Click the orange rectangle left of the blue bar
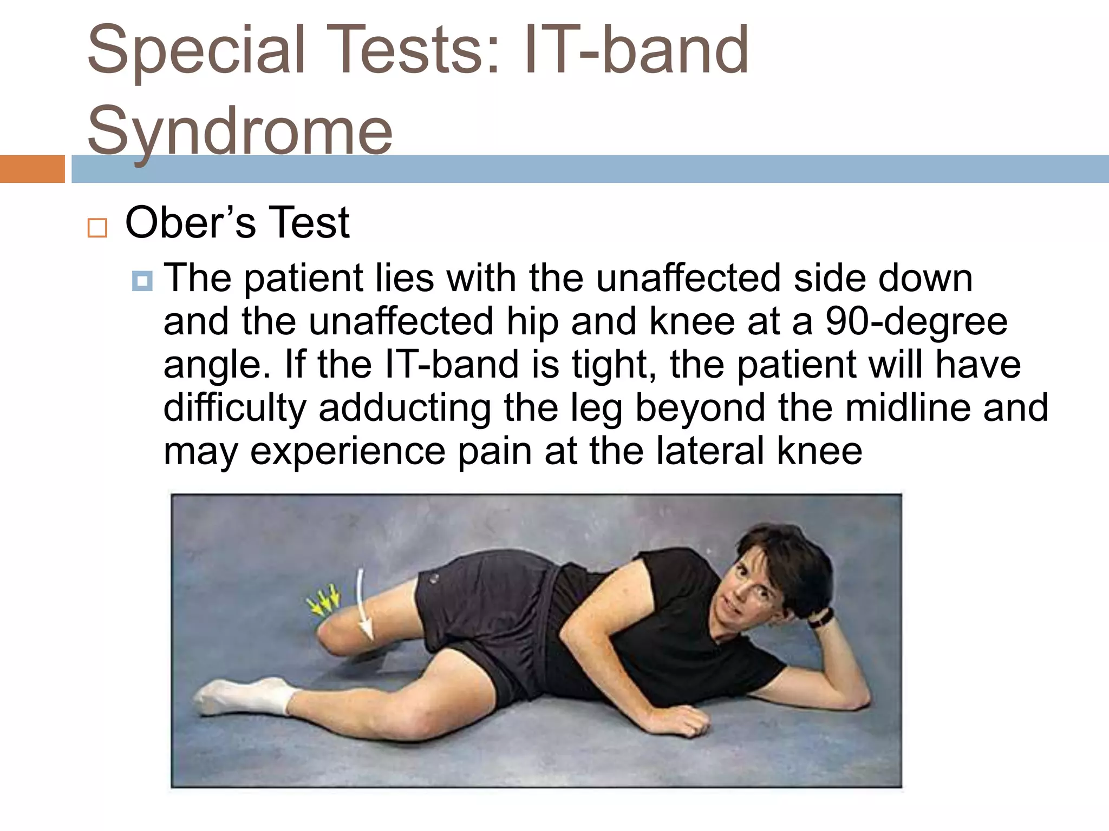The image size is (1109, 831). click(32, 169)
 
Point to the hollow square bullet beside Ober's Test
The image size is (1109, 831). click(97, 228)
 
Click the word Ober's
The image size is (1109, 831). click(190, 222)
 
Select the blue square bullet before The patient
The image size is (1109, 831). click(142, 281)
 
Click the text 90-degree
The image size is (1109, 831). click(916, 321)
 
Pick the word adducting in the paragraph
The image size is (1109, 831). click(405, 407)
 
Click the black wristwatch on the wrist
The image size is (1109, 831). click(821, 617)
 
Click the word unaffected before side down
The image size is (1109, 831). click(688, 278)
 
